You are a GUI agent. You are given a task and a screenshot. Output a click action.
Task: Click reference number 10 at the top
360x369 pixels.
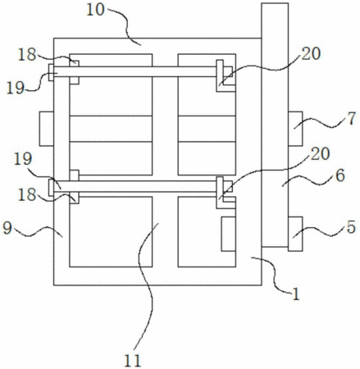(96, 10)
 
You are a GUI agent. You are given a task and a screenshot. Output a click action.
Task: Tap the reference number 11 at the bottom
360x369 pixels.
(133, 361)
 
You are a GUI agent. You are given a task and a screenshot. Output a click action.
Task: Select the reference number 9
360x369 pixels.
(7, 228)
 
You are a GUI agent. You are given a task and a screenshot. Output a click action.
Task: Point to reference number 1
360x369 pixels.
(296, 294)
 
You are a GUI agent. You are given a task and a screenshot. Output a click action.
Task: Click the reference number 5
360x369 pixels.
(351, 227)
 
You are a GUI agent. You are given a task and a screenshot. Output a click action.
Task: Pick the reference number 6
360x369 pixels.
(340, 175)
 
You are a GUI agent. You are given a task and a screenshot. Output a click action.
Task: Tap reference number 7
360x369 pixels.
(352, 118)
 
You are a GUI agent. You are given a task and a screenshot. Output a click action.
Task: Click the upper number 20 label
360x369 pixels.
(311, 53)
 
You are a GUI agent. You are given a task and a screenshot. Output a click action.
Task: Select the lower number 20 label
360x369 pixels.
(321, 154)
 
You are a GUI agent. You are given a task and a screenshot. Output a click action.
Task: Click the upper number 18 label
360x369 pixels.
(27, 55)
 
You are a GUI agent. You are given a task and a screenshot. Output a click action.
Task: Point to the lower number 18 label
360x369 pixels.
(27, 195)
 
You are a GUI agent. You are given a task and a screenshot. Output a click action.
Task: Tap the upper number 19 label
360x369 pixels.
(16, 89)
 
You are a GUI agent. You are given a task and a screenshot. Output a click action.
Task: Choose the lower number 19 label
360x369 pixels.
(23, 159)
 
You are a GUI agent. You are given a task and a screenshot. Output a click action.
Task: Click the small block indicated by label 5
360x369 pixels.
(295, 234)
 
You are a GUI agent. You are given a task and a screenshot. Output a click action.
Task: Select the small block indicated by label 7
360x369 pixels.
(295, 129)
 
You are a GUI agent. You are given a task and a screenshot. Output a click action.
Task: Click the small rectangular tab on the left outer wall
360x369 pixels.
(47, 129)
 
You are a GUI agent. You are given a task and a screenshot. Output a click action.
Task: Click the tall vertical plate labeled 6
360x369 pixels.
(275, 125)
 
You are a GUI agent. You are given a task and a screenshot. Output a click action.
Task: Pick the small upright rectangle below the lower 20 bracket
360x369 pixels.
(229, 234)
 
